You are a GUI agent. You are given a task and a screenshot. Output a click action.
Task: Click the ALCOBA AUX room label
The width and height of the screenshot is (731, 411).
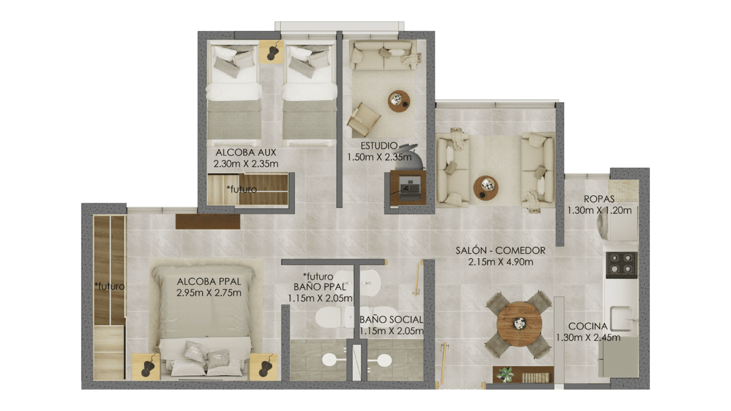(245, 152)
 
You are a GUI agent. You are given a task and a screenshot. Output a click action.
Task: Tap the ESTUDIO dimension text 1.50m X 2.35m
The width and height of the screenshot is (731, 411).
(379, 157)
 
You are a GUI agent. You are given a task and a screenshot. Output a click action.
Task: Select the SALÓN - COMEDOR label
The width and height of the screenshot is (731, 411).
(500, 250)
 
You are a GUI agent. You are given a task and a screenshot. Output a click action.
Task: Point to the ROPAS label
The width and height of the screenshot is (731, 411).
(599, 199)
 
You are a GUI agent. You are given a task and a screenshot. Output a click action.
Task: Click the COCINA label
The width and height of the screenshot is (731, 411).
(588, 326)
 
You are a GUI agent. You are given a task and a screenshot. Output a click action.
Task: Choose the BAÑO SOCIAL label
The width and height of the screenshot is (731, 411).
(391, 320)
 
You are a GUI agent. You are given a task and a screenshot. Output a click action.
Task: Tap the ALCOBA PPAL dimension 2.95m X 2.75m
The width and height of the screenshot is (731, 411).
(209, 293)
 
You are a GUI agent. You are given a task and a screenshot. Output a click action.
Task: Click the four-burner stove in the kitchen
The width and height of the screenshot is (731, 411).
(621, 265)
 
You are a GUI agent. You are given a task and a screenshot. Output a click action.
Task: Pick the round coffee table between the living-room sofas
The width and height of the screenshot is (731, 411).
(486, 188)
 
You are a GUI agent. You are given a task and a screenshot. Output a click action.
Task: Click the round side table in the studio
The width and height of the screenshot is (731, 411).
(399, 101)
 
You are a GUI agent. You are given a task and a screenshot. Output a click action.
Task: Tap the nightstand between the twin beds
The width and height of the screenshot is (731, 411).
(271, 52)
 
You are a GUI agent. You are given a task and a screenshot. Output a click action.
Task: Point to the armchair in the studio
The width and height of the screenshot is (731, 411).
(363, 120)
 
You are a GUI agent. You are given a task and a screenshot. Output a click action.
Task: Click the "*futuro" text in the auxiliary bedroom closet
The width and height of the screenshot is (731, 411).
(242, 189)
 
